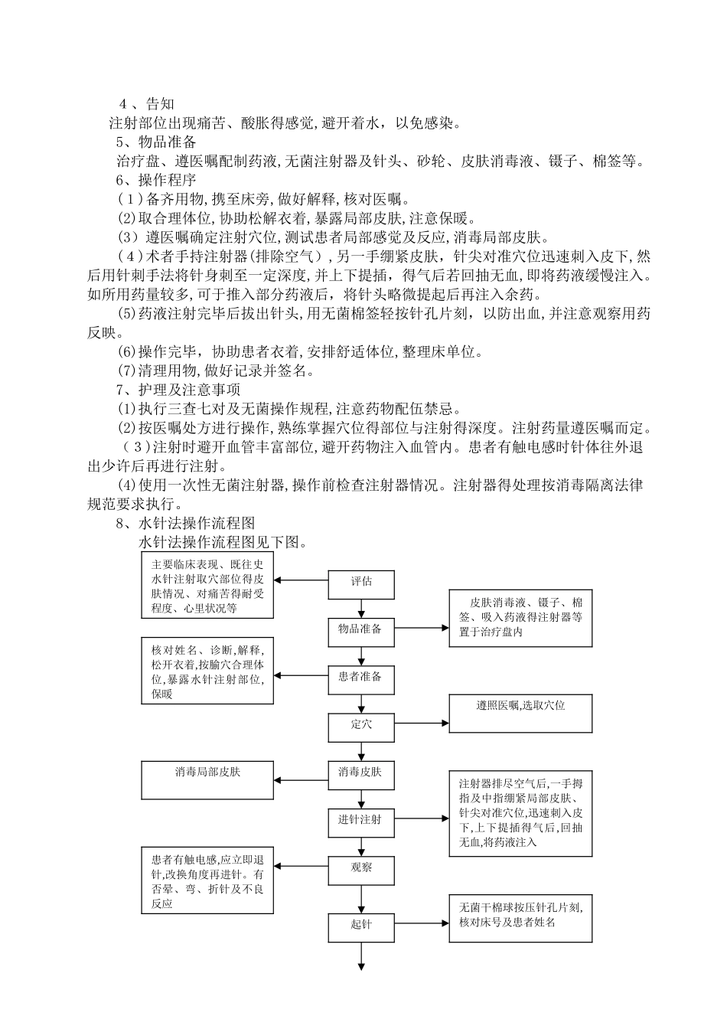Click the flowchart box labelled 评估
point(361,585)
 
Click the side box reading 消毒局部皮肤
point(207,780)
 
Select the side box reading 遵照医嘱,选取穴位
point(520,713)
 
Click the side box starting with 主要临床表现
point(207,585)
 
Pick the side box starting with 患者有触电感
point(207,880)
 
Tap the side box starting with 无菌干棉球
point(520,919)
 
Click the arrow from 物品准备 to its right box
point(422,629)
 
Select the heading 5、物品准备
point(156,142)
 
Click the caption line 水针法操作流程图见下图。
point(223,542)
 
